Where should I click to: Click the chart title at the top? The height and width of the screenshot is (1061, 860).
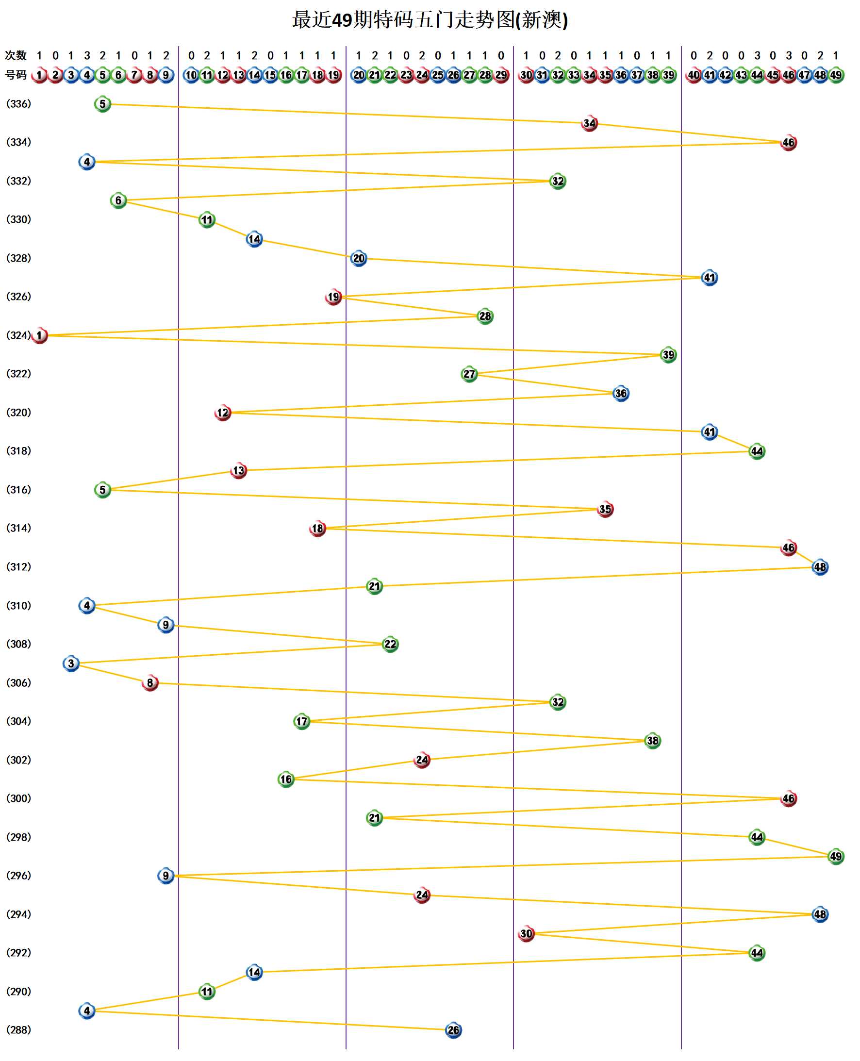click(x=430, y=20)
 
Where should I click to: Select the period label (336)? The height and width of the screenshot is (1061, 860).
click(x=18, y=103)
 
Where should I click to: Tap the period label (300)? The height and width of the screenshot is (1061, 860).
click(x=18, y=798)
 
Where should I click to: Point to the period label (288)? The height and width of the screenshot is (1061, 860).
click(x=18, y=1030)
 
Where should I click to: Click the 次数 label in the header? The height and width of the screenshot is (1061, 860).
click(x=16, y=55)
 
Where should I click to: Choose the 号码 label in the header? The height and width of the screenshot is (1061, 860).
click(x=16, y=75)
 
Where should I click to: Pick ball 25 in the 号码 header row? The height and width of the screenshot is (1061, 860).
click(x=437, y=75)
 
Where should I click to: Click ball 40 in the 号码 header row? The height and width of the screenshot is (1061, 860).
click(x=694, y=75)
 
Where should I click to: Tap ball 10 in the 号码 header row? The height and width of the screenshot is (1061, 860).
click(x=191, y=75)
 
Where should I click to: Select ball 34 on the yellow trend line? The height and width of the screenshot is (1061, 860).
click(x=589, y=123)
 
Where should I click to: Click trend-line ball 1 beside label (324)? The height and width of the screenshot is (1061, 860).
click(x=39, y=335)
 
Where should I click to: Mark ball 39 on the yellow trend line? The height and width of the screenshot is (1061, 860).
click(x=668, y=355)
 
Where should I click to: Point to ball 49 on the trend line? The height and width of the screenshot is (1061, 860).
click(x=836, y=857)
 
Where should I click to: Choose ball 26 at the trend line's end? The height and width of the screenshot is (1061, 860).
click(x=453, y=1030)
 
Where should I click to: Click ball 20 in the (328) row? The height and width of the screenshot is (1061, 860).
click(x=359, y=258)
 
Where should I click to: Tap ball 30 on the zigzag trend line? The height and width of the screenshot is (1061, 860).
click(x=526, y=934)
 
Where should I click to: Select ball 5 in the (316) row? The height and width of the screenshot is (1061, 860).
click(x=102, y=490)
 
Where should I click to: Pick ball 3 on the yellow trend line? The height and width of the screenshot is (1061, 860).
click(x=71, y=663)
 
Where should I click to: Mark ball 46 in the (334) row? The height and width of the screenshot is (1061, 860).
click(x=788, y=143)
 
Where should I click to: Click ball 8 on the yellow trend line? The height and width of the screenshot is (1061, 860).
click(x=150, y=683)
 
